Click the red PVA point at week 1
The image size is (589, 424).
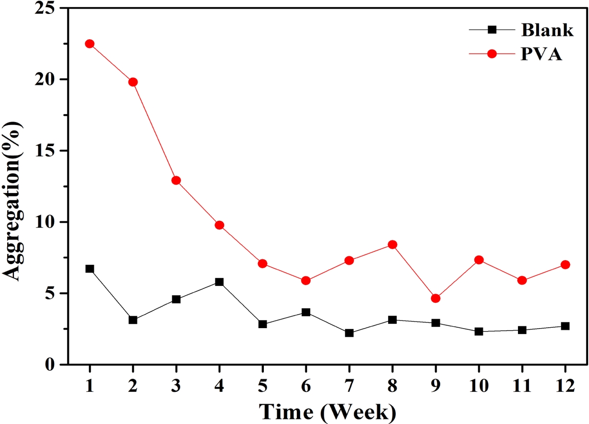pos(90,44)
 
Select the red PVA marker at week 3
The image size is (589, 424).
pos(176,180)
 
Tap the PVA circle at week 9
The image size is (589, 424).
pos(436,298)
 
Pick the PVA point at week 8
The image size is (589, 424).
pos(392,244)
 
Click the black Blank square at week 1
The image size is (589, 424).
pos(90,269)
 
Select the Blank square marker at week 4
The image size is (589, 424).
pos(219,282)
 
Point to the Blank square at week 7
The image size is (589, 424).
pos(349,333)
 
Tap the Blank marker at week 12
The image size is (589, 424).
pos(565,326)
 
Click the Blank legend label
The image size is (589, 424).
pos(547,30)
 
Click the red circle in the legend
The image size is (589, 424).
pos(491,54)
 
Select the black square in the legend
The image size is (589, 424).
pos(491,30)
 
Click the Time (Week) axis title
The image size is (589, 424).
pos(328,412)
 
